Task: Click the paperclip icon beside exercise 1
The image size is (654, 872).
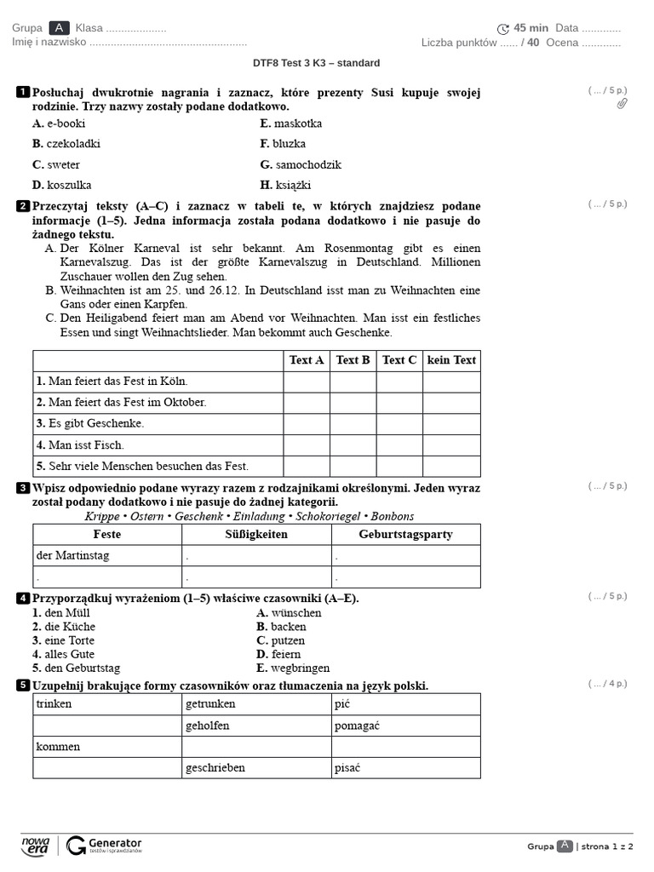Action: tap(622, 104)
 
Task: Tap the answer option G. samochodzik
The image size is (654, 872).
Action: tap(301, 164)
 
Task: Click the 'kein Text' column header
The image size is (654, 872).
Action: tap(451, 360)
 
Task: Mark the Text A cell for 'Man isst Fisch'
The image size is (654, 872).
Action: tap(307, 445)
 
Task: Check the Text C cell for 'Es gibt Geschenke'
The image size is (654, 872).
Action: tap(399, 423)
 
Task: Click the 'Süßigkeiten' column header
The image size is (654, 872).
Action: tap(256, 535)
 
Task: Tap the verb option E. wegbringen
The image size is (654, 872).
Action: tap(293, 668)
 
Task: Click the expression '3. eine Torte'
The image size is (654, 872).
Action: tap(64, 640)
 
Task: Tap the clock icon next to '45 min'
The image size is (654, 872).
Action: tap(503, 29)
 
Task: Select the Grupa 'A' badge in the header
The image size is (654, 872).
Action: tap(60, 28)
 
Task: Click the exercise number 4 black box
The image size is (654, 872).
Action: tap(22, 598)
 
